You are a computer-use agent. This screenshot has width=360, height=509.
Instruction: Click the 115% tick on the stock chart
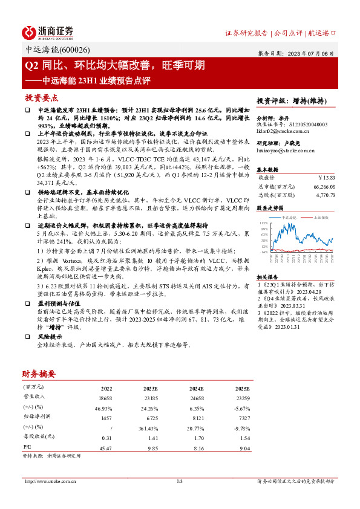point(264,223)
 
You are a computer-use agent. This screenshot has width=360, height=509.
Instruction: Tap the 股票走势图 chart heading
point(270,207)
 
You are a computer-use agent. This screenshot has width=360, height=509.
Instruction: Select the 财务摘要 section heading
point(39,374)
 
